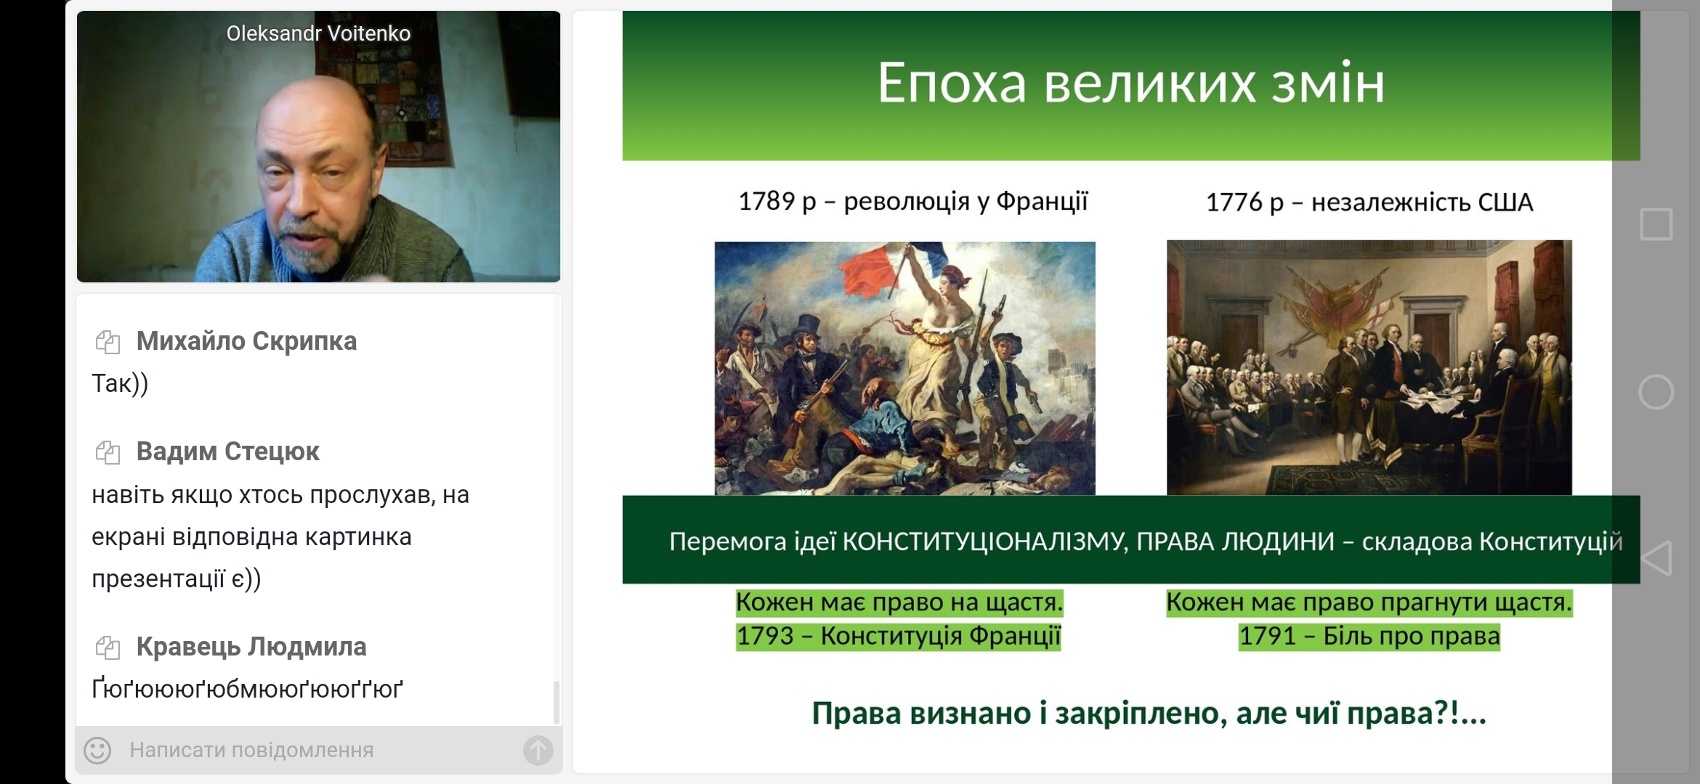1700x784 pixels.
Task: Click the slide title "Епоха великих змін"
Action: tap(1130, 83)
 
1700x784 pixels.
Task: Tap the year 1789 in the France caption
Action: tap(766, 201)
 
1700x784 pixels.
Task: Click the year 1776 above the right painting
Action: tap(1234, 202)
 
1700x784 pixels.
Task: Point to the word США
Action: tap(1505, 202)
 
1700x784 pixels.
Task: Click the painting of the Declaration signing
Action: tap(1369, 367)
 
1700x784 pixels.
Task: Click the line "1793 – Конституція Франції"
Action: tap(899, 636)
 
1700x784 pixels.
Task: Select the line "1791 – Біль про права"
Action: tap(1369, 636)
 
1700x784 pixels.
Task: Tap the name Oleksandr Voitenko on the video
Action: tap(318, 33)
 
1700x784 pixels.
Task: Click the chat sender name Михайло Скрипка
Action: tap(246, 341)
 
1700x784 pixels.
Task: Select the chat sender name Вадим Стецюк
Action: tap(227, 452)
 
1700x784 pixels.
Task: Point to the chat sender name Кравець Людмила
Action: tap(251, 647)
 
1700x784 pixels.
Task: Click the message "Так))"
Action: tap(120, 383)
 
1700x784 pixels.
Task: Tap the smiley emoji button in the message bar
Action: tap(97, 751)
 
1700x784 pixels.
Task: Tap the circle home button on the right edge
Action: tap(1656, 393)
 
